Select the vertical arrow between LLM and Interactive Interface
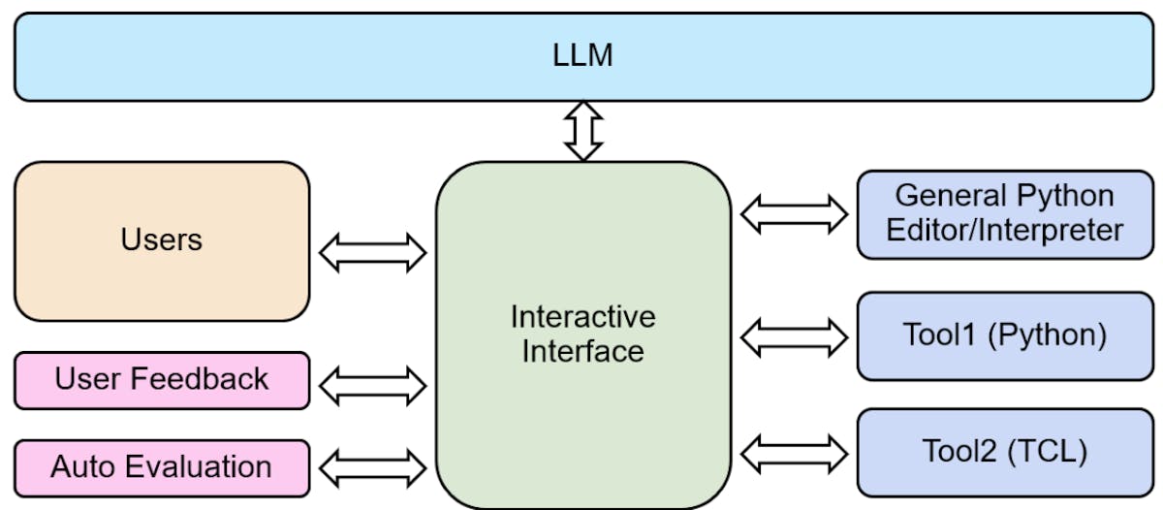[x=583, y=131]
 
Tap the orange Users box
[x=162, y=240]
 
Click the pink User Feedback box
[x=162, y=379]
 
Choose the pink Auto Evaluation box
[x=162, y=467]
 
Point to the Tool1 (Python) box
[x=1004, y=335]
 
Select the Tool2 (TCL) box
[x=1004, y=452]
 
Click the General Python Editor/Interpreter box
[x=1004, y=213]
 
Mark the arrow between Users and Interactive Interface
[x=372, y=253]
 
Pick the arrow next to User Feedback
[x=372, y=385]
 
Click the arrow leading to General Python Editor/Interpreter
[x=794, y=213]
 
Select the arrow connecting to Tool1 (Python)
[x=794, y=336]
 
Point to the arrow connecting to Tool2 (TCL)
[x=794, y=452]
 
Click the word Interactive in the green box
[x=582, y=317]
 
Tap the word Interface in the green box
[x=582, y=350]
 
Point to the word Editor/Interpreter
[x=1004, y=231]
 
